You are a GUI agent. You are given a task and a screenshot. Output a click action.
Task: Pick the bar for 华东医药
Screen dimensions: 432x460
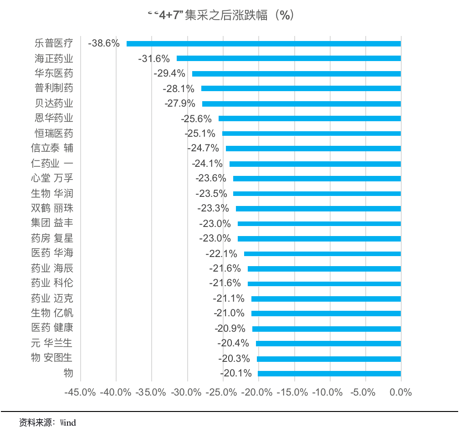coord(296,73)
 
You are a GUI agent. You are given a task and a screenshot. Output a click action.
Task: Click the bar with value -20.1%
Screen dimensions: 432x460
coord(329,374)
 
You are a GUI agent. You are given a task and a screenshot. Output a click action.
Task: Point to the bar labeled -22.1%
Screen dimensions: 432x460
coord(322,254)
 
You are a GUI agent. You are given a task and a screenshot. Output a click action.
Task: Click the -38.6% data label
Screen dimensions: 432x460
coord(104,44)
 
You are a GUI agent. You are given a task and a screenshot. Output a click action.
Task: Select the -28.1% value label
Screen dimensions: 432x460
coord(179,88)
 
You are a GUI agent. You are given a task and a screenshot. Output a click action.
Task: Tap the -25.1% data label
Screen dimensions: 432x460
coord(200,134)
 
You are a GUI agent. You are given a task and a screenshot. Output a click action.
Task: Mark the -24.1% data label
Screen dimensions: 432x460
coord(207,164)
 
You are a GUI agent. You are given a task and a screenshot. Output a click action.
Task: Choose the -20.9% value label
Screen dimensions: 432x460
coord(230,329)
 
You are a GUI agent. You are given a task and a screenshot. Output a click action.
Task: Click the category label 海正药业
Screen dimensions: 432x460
coord(54,58)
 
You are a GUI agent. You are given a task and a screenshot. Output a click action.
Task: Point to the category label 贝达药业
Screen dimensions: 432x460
coord(54,103)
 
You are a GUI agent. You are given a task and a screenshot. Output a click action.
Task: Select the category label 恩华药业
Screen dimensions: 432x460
coord(54,118)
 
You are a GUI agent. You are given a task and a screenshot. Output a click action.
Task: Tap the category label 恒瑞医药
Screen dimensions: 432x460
coord(54,134)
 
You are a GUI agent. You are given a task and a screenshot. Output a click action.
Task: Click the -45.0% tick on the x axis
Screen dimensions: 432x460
coord(80,392)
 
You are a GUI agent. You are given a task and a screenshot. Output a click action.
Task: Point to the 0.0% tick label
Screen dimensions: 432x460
coord(401,392)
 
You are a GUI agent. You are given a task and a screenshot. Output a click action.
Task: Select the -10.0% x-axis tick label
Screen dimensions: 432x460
coord(329,392)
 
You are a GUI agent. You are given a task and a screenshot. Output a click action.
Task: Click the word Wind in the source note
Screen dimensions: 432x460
coord(67,422)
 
